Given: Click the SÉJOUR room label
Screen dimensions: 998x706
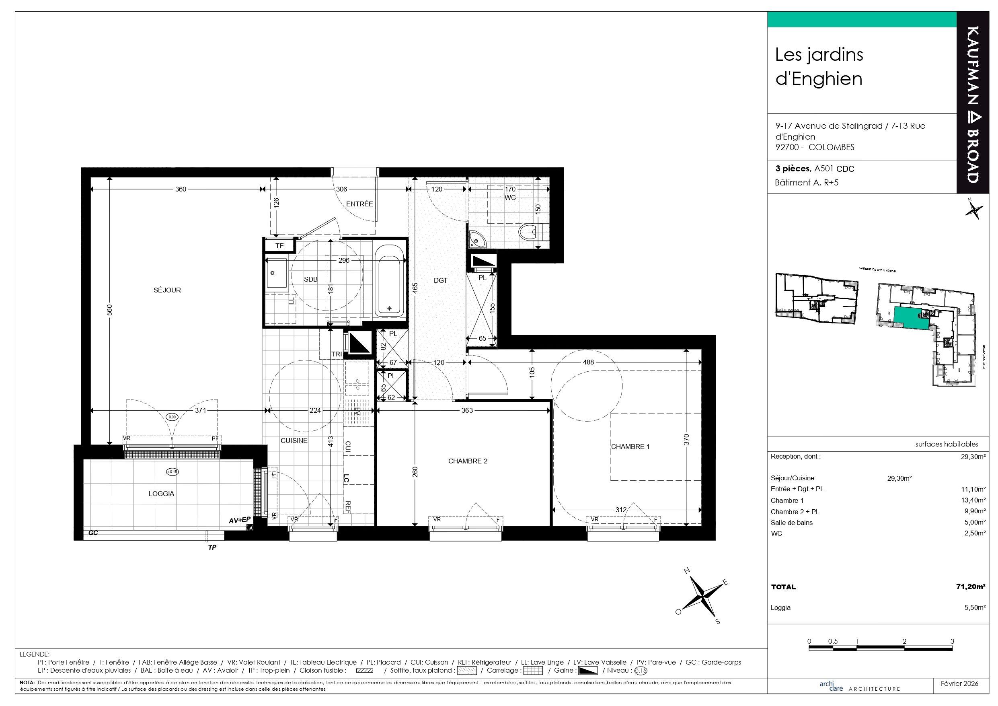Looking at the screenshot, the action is pyautogui.click(x=167, y=290).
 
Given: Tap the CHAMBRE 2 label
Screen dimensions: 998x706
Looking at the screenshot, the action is pyautogui.click(x=468, y=461).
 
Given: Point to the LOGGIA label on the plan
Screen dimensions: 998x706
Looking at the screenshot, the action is pyautogui.click(x=161, y=494).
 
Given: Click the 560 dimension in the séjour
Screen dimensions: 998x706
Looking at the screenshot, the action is pyautogui.click(x=109, y=310).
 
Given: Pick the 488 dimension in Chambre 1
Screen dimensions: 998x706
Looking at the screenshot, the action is pyautogui.click(x=588, y=362).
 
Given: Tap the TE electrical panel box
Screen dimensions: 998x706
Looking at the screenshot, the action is pyautogui.click(x=279, y=246).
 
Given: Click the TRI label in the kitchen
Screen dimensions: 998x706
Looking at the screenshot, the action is pyautogui.click(x=337, y=354).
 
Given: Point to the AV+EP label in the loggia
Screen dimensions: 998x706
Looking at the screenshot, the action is pyautogui.click(x=240, y=520).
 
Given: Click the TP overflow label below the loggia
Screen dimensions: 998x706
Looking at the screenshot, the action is pyautogui.click(x=212, y=548).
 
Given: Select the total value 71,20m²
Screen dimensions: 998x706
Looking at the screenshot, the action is pyautogui.click(x=971, y=587).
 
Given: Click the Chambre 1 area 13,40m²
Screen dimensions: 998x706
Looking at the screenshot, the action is pyautogui.click(x=973, y=500).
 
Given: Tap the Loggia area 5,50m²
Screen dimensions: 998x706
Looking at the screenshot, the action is pyautogui.click(x=975, y=607).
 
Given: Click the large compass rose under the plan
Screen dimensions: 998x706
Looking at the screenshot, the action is pyautogui.click(x=702, y=595).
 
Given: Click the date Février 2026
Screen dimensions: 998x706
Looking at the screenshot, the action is pyautogui.click(x=959, y=684).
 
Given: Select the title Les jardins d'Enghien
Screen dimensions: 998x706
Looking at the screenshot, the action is pyautogui.click(x=819, y=66).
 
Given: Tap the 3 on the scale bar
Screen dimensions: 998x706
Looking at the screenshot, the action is pyautogui.click(x=952, y=641).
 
